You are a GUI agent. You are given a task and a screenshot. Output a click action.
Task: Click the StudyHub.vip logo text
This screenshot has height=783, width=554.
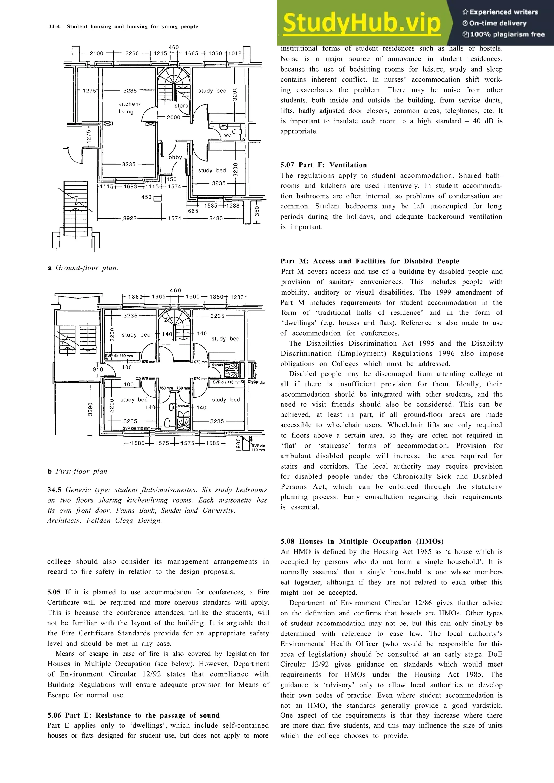coord(361,22)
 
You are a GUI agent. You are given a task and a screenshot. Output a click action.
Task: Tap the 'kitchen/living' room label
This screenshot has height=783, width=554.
coord(129,108)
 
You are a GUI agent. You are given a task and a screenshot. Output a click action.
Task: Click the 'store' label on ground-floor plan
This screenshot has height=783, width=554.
coord(181,106)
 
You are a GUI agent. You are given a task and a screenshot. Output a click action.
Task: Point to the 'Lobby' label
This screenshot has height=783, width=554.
coord(173,157)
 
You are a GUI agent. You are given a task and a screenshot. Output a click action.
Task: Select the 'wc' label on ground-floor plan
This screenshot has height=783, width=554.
coord(227,135)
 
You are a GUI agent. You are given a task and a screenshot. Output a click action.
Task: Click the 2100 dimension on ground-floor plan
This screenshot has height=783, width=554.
coord(96,53)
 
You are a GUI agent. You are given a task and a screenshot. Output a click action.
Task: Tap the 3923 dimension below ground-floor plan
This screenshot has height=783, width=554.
coord(130,218)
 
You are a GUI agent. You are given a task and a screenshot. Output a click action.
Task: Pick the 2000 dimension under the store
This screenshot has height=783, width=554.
coord(173,117)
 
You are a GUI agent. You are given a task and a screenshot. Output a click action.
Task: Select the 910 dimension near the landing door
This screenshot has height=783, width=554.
coord(98,369)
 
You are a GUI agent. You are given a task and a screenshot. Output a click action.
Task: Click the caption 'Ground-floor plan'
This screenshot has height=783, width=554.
coord(87,268)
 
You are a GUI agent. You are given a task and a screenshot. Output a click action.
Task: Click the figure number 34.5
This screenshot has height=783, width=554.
coord(54,490)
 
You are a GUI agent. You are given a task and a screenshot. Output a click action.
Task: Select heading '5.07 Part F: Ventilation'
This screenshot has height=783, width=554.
coord(323,165)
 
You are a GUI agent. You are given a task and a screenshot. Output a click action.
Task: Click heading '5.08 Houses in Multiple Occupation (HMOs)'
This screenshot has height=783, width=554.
coord(362,541)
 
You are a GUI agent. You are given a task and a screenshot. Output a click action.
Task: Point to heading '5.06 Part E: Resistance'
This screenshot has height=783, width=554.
coord(133,715)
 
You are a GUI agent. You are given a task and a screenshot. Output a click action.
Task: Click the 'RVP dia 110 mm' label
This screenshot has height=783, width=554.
coord(258,448)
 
